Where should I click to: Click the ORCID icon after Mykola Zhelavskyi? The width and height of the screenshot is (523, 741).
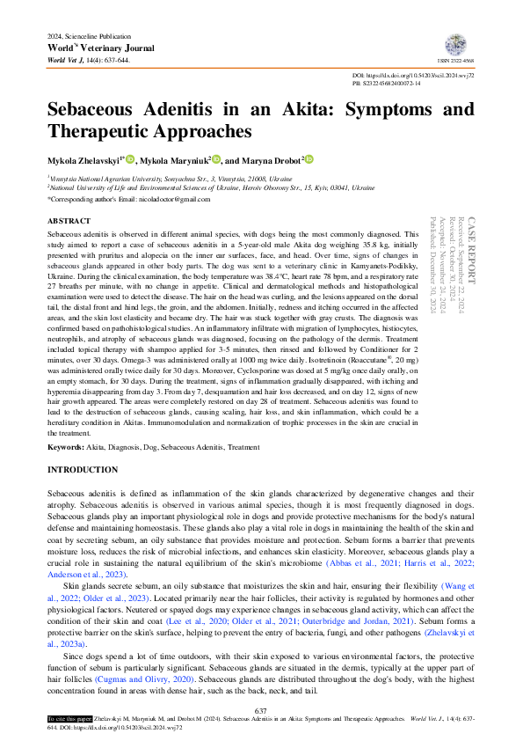(131, 160)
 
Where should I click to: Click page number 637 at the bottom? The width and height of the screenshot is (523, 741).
(261, 710)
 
